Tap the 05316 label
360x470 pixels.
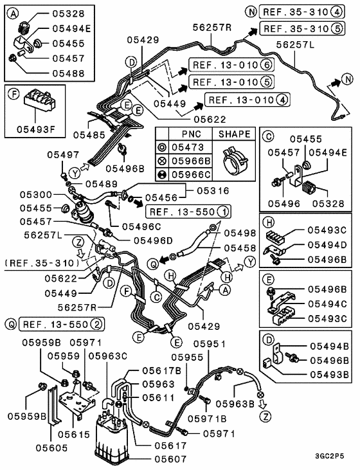click(x=212, y=190)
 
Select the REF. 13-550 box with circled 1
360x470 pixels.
click(x=188, y=211)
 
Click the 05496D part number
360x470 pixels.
click(x=155, y=240)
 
